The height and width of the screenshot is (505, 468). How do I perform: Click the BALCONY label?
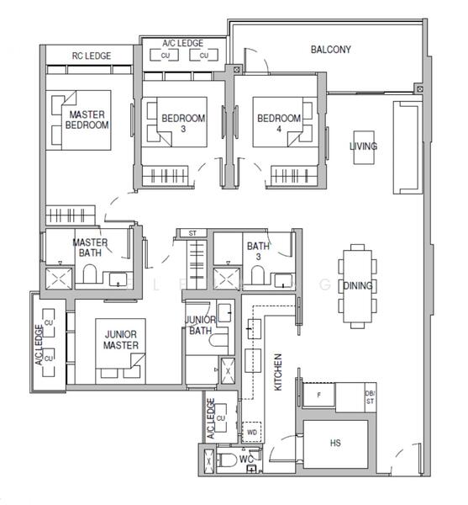[330, 50]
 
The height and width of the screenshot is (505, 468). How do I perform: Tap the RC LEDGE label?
[92, 56]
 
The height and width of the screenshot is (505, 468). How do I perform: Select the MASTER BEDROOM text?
[87, 120]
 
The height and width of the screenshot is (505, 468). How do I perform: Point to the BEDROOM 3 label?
[183, 124]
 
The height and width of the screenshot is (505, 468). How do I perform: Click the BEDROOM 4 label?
[279, 124]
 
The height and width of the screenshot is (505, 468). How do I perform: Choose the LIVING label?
[364, 146]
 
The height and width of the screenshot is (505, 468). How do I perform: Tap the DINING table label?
[358, 285]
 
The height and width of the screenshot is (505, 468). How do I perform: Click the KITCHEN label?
[278, 372]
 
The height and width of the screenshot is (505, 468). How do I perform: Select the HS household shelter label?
[335, 443]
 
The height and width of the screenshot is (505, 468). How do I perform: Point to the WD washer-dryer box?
[252, 432]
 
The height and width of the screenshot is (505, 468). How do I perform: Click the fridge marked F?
[318, 395]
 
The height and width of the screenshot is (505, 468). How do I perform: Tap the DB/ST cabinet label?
[370, 397]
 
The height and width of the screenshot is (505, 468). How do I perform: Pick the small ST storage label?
[192, 233]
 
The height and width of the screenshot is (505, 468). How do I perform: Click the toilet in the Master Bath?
[90, 274]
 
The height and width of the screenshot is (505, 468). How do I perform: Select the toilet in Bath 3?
[257, 275]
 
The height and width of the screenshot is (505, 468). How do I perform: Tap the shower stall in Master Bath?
[59, 279]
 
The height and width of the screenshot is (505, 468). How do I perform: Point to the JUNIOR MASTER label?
[121, 340]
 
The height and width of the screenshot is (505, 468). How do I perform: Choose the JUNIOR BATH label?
[201, 325]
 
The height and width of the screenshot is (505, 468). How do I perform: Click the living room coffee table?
[364, 147]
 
